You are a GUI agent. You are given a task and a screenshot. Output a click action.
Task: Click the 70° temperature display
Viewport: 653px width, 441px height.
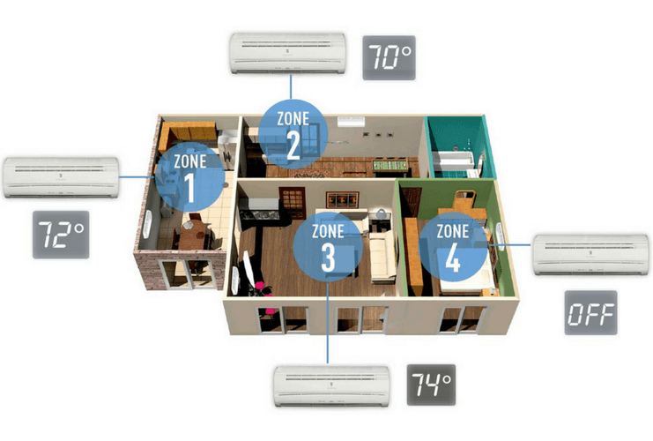tap(389, 57)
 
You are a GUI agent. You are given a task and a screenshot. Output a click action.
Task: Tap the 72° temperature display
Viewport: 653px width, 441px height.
tap(61, 235)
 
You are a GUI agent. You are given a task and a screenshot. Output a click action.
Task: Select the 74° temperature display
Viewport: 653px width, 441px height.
tap(431, 385)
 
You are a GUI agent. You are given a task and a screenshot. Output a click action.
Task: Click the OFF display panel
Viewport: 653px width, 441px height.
tap(590, 312)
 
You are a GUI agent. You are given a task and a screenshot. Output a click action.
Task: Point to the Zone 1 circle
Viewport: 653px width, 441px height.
tap(190, 176)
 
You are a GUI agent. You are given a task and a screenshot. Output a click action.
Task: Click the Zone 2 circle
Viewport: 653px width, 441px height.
tap(293, 134)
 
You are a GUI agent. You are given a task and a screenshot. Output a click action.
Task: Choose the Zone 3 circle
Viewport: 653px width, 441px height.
tap(328, 247)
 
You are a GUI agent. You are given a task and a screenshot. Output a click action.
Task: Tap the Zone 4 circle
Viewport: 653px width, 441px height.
tap(453, 247)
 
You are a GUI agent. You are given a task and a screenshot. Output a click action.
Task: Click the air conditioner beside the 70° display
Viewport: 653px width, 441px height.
tap(288, 53)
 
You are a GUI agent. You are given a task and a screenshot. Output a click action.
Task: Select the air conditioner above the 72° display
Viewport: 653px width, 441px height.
tap(61, 177)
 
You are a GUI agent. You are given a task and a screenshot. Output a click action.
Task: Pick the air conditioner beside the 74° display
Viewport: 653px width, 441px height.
tap(331, 386)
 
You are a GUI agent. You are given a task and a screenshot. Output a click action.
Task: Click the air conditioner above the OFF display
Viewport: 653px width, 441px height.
tap(591, 255)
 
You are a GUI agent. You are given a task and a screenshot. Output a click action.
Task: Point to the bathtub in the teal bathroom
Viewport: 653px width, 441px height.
tap(453, 161)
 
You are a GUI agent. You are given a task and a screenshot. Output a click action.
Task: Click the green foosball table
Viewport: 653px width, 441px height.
tap(390, 166)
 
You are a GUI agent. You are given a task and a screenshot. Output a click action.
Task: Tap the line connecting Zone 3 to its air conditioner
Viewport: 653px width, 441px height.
tap(328, 323)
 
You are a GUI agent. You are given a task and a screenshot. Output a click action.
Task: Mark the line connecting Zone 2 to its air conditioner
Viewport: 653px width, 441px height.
tap(291, 86)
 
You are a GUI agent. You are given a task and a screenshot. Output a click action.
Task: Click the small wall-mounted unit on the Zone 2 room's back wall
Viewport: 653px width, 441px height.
tap(351, 122)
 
